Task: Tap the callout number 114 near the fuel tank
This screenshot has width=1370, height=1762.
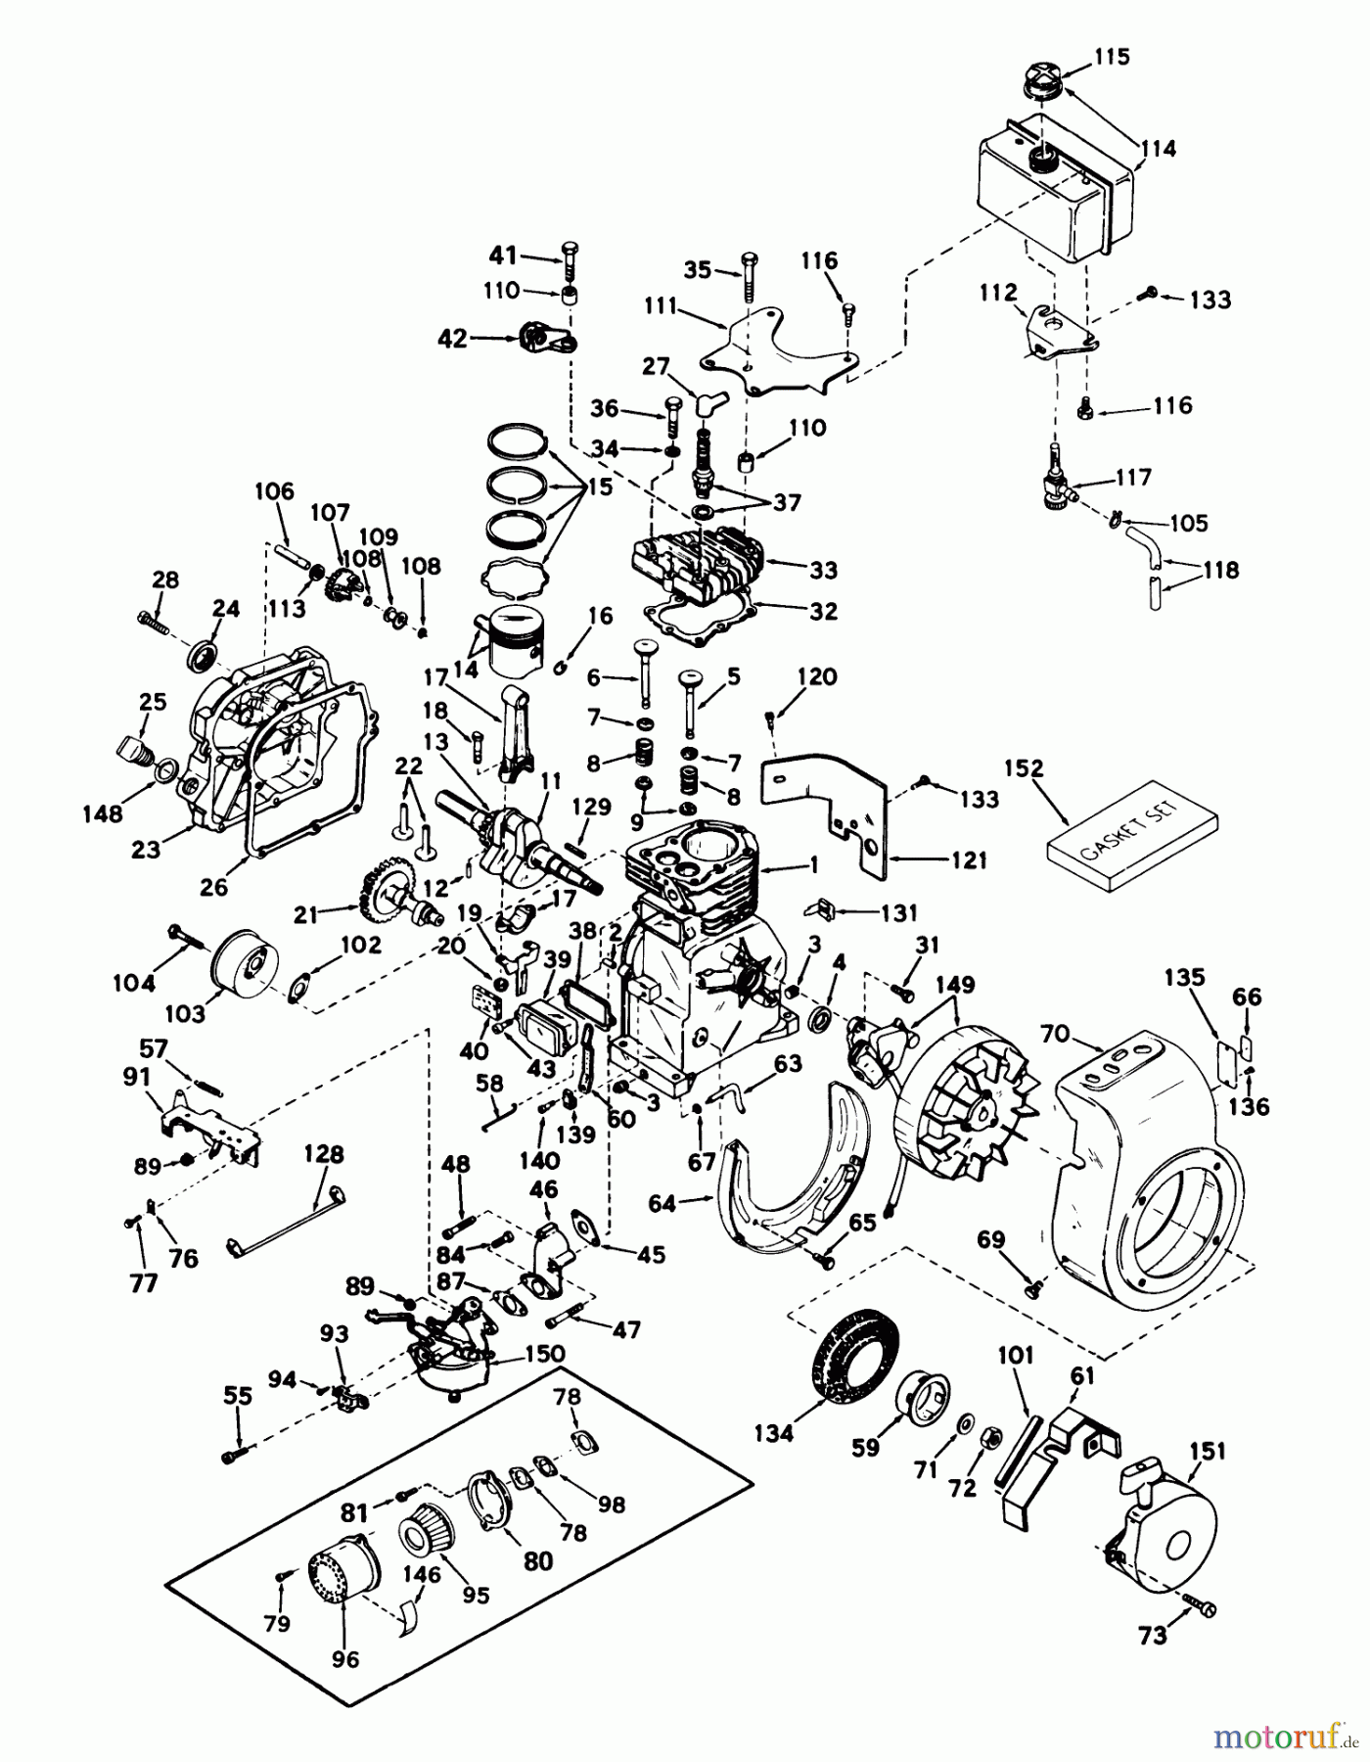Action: pos(1158,149)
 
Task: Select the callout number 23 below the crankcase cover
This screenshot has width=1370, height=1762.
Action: pos(146,850)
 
